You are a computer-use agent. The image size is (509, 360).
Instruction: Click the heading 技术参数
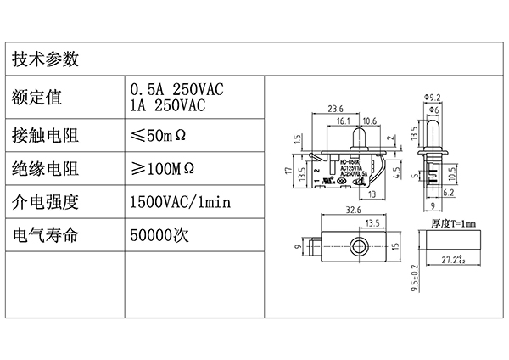coord(46,59)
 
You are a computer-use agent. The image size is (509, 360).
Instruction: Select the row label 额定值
coord(37,97)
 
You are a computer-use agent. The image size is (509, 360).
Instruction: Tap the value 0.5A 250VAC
coord(176,89)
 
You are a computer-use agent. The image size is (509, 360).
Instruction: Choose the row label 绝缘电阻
coord(46,167)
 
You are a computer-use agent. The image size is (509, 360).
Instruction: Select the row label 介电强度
coord(46,201)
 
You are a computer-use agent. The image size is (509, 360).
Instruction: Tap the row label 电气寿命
coord(46,234)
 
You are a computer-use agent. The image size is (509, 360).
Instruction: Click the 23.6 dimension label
coord(335,109)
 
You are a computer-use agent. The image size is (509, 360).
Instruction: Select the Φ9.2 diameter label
coord(430,98)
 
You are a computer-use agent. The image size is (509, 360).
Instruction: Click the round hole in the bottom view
coord(361,248)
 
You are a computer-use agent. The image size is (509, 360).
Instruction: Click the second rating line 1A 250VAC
coord(167,105)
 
